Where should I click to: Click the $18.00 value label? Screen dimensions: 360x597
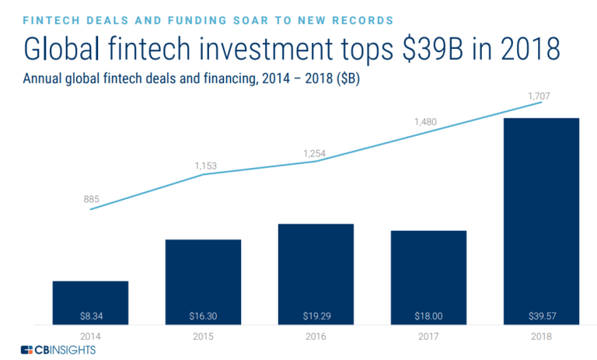(428, 316)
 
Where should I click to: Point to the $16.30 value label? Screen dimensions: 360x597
(203, 316)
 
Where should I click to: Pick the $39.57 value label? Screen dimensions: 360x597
(541, 316)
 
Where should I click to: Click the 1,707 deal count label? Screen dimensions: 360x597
(540, 96)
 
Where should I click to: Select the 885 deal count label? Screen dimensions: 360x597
(91, 200)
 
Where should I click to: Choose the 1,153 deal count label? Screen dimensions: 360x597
(204, 166)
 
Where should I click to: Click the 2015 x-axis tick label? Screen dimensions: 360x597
(203, 336)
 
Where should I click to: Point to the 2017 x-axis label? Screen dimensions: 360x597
(428, 336)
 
